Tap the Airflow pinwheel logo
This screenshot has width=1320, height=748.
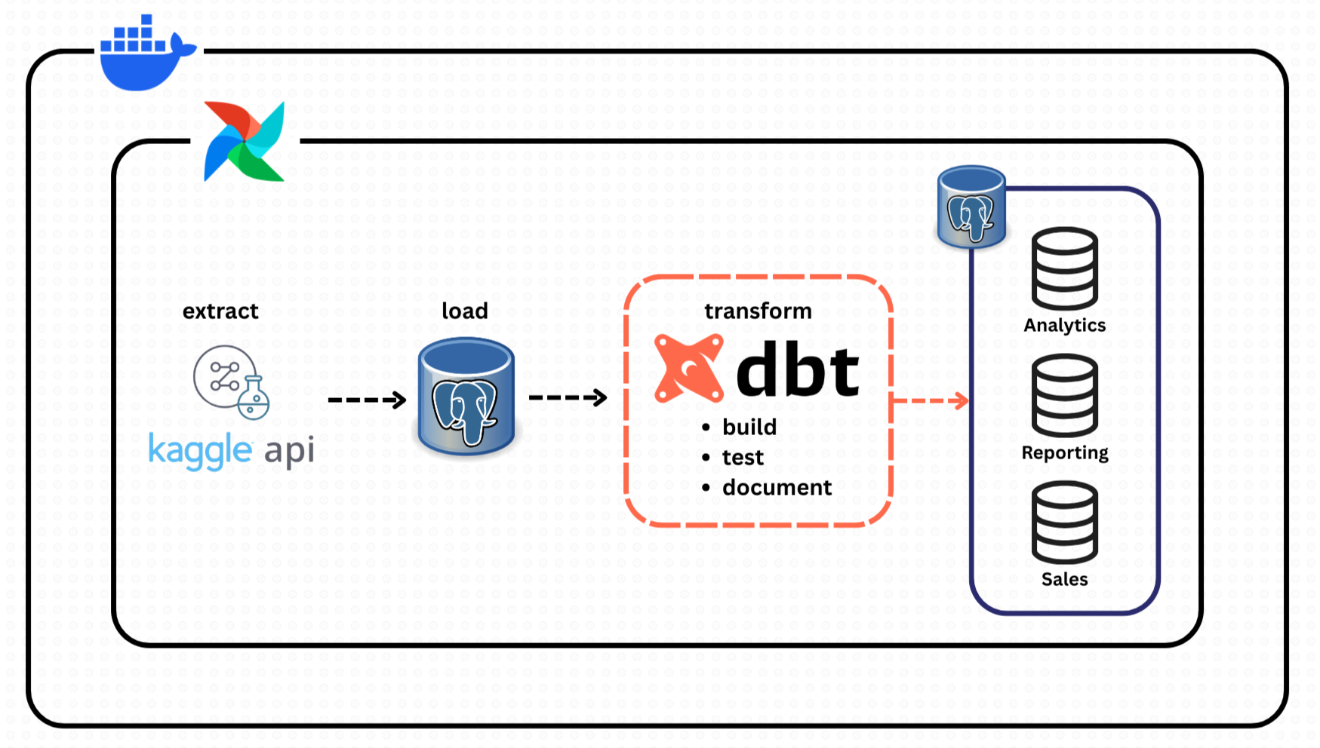click(x=245, y=141)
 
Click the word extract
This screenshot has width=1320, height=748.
click(x=220, y=311)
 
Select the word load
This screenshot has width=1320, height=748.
click(x=465, y=311)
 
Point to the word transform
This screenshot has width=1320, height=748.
click(x=758, y=311)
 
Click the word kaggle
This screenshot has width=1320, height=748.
click(x=200, y=451)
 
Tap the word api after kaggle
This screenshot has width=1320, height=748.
click(x=289, y=451)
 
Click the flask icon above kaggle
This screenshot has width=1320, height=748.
click(x=253, y=398)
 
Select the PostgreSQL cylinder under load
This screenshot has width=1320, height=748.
click(x=466, y=397)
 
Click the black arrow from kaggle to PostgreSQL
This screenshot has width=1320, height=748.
click(x=368, y=400)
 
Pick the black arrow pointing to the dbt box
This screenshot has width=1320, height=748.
click(x=568, y=397)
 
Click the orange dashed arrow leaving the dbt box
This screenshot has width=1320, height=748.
click(x=931, y=400)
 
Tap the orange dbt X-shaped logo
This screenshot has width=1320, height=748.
click(x=688, y=369)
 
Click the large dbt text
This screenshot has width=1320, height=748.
click(x=797, y=370)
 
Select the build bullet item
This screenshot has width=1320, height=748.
click(x=749, y=428)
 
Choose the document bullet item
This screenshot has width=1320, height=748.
click(x=777, y=488)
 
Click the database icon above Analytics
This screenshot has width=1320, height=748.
click(x=1064, y=268)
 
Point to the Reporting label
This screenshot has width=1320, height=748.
click(x=1064, y=452)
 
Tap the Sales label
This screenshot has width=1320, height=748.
click(x=1064, y=579)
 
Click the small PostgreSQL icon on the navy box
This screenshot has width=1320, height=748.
click(x=971, y=207)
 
